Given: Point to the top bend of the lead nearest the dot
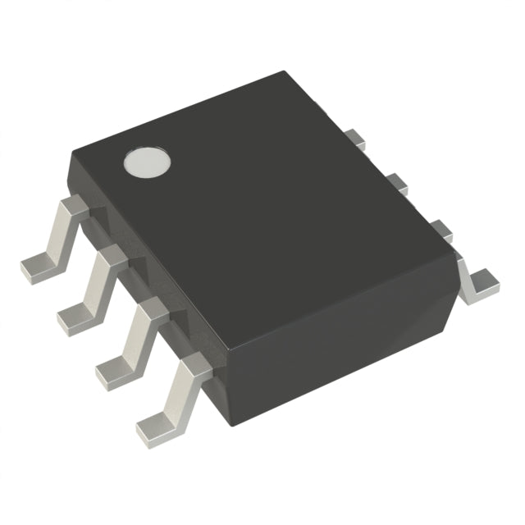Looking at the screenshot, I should tap(75, 208).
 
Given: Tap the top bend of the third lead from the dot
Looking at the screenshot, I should tap(153, 311).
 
